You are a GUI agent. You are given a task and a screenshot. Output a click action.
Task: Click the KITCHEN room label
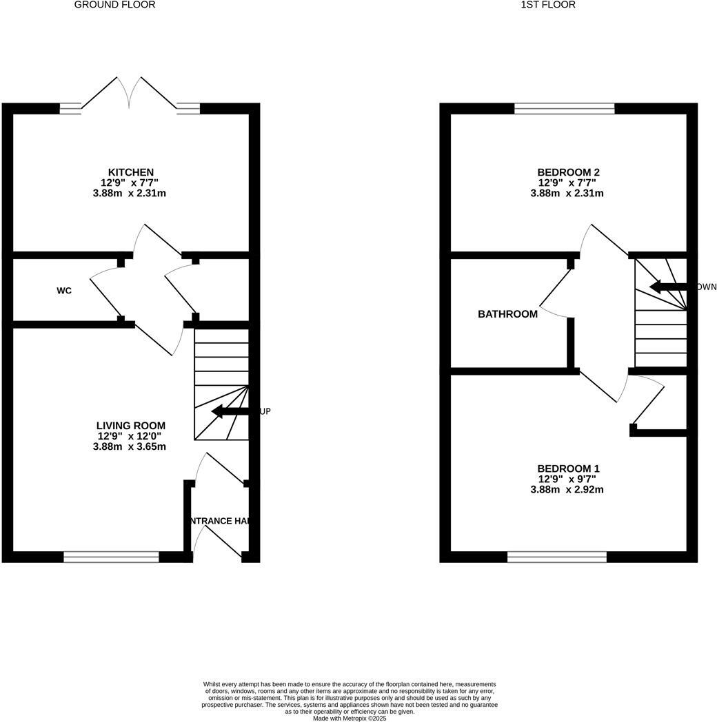(x=130, y=172)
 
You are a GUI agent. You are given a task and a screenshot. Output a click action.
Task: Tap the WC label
(x=64, y=291)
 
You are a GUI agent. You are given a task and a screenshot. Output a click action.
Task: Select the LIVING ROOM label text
(x=130, y=426)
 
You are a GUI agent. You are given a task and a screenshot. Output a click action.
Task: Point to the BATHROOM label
(x=507, y=314)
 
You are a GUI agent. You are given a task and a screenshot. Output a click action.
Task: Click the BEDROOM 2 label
(x=567, y=172)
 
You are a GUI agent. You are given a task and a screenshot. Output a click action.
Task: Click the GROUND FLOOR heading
(x=114, y=5)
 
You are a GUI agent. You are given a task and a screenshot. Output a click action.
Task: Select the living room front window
(x=111, y=557)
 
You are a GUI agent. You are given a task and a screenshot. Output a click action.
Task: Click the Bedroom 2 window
(x=564, y=108)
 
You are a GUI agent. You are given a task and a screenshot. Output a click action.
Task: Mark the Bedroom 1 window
(x=557, y=557)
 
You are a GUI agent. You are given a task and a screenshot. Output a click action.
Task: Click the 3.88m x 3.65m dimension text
(x=130, y=446)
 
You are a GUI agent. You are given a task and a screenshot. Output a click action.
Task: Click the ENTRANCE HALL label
(x=218, y=521)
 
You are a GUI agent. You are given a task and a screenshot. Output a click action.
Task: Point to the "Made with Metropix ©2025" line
(x=350, y=719)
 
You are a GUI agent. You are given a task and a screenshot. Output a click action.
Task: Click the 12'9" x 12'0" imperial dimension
(x=130, y=436)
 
